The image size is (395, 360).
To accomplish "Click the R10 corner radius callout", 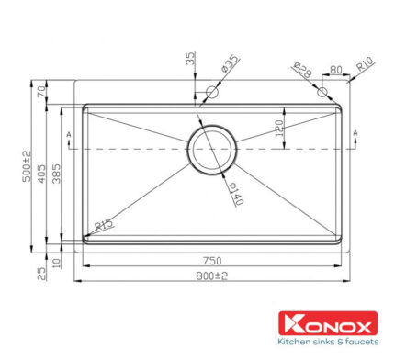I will pos(365,65).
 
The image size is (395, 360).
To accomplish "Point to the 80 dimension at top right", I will pos(335,66).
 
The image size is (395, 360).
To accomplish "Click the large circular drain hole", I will pos(212,147).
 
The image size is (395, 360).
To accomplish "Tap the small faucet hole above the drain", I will pos(212,92).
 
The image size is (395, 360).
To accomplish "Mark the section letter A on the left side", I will pos(69,135).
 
